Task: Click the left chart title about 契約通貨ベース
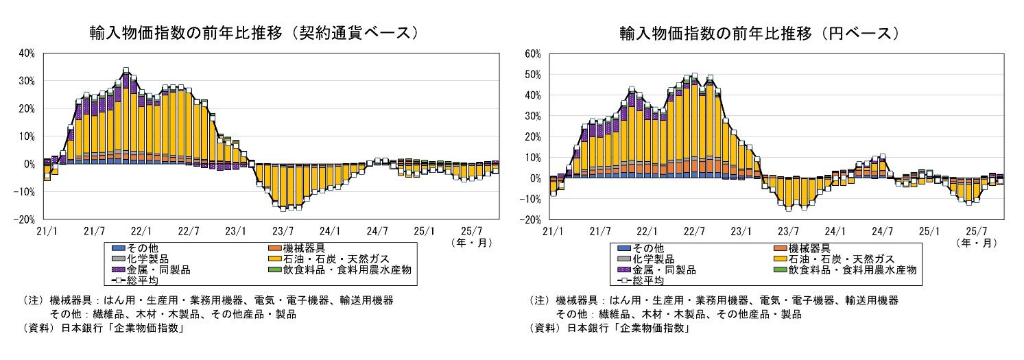[254, 33]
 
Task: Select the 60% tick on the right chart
[532, 53]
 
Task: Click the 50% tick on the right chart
[532, 74]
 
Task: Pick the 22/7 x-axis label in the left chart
[188, 230]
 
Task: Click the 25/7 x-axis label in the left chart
[471, 230]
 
